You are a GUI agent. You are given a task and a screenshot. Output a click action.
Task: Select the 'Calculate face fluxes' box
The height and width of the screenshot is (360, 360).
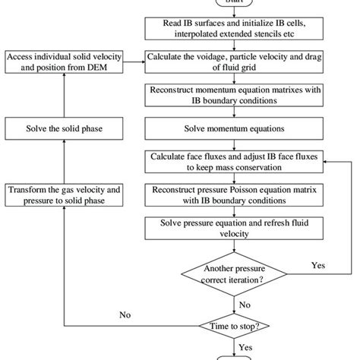click(234, 159)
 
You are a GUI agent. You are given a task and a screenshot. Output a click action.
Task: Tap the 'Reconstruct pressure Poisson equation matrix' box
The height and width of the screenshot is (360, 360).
click(234, 193)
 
